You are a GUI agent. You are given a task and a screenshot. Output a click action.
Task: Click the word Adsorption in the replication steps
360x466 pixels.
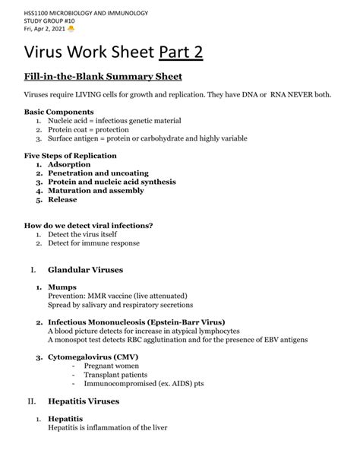[69, 164]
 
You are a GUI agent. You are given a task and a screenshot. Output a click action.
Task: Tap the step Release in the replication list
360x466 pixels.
[62, 200]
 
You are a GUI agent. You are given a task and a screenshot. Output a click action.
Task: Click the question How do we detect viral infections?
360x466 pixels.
[89, 226]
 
